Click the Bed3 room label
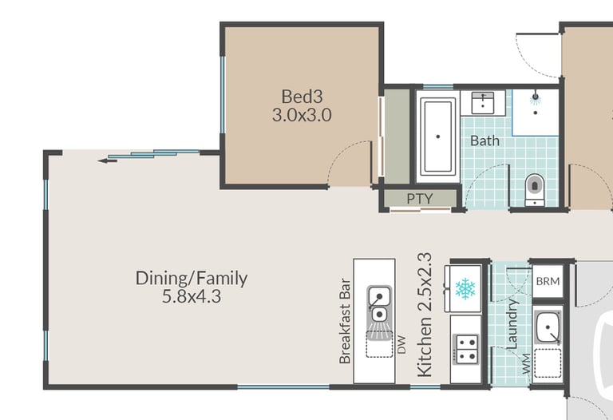pyautogui.click(x=303, y=96)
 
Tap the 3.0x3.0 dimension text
pyautogui.click(x=302, y=115)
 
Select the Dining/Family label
pyautogui.click(x=192, y=279)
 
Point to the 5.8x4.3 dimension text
pyautogui.click(x=192, y=297)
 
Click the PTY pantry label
pyautogui.click(x=420, y=199)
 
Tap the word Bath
pyautogui.click(x=484, y=141)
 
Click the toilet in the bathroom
pyautogui.click(x=535, y=189)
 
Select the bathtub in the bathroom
pyautogui.click(x=438, y=137)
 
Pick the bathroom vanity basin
pyautogui.click(x=483, y=103)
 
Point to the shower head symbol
pyautogui.click(x=536, y=97)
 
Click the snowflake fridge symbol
pyautogui.click(x=465, y=289)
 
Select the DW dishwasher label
pyautogui.click(x=401, y=344)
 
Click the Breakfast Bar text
pyautogui.click(x=345, y=321)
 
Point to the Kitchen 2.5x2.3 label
pyautogui.click(x=425, y=315)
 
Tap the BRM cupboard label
pyautogui.click(x=548, y=281)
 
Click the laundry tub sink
pyautogui.click(x=548, y=327)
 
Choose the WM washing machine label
pyautogui.click(x=526, y=363)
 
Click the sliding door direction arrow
pyautogui.click(x=107, y=160)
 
